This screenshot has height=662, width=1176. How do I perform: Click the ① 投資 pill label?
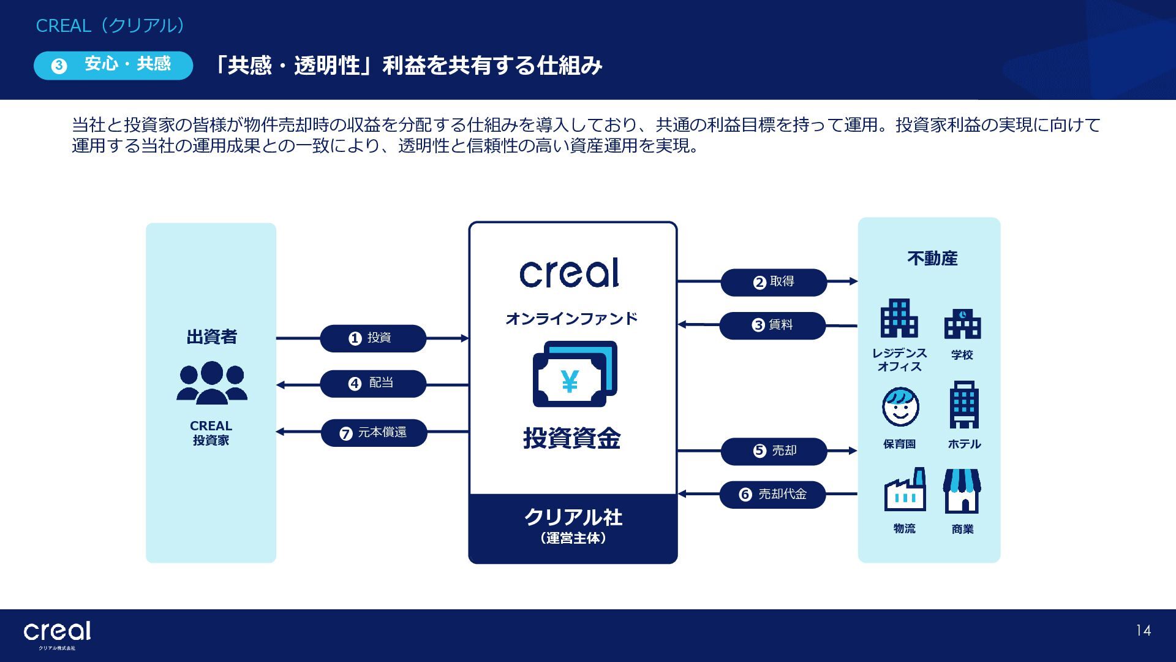pyautogui.click(x=373, y=338)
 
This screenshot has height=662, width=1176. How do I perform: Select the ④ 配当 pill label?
pyautogui.click(x=373, y=384)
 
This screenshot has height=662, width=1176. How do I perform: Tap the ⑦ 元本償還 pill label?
pyautogui.click(x=374, y=433)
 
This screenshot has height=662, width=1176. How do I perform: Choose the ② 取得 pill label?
pyautogui.click(x=774, y=282)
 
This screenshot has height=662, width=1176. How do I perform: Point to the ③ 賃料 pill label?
pyautogui.click(x=772, y=325)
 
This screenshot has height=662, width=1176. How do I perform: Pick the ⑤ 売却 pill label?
pyautogui.click(x=774, y=451)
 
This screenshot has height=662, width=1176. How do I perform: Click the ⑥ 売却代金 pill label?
pyautogui.click(x=773, y=495)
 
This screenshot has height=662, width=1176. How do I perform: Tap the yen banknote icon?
pyautogui.click(x=575, y=374)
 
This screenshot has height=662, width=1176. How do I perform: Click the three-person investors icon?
pyautogui.click(x=212, y=382)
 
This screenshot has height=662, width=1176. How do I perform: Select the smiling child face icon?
pyautogui.click(x=900, y=407)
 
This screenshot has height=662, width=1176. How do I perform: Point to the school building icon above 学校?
pyautogui.click(x=962, y=324)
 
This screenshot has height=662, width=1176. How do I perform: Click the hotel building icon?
pyautogui.click(x=964, y=405)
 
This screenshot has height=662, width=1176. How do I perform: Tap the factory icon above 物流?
pyautogui.click(x=905, y=490)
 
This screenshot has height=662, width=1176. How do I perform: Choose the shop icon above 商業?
pyautogui.click(x=962, y=491)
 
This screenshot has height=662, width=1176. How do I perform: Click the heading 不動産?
pyautogui.click(x=932, y=259)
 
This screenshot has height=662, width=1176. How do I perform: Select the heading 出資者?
pyautogui.click(x=211, y=337)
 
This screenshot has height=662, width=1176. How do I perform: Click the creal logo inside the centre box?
pyautogui.click(x=570, y=273)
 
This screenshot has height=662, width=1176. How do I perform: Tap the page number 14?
pyautogui.click(x=1143, y=631)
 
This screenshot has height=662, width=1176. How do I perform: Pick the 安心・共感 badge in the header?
pyautogui.click(x=113, y=65)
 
